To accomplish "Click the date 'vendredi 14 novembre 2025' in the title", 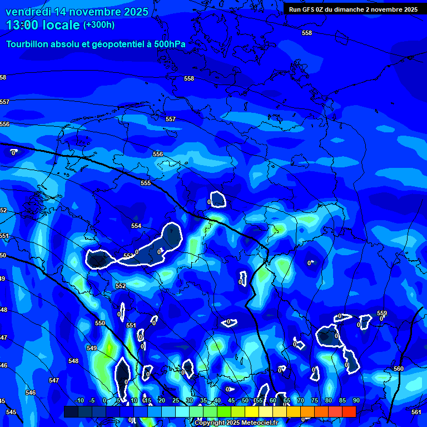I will [x=77, y=12].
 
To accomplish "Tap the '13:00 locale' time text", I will [x=44, y=25].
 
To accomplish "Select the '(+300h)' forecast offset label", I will [x=98, y=25].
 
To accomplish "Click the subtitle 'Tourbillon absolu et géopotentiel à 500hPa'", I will [x=96, y=44].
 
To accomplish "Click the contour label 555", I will [x=146, y=183].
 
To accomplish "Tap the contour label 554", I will [x=136, y=226].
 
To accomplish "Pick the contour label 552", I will [x=121, y=286].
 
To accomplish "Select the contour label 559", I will [x=381, y=314].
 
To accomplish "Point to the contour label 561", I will [x=416, y=412].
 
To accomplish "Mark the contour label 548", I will [x=73, y=361].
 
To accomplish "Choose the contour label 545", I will [x=11, y=412].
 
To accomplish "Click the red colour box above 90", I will [x=349, y=411].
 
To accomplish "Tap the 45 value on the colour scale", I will [x=231, y=400].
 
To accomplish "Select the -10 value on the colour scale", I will [x=79, y=400].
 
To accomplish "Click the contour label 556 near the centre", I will [x=158, y=154].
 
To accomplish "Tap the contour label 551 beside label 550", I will [x=131, y=325].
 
